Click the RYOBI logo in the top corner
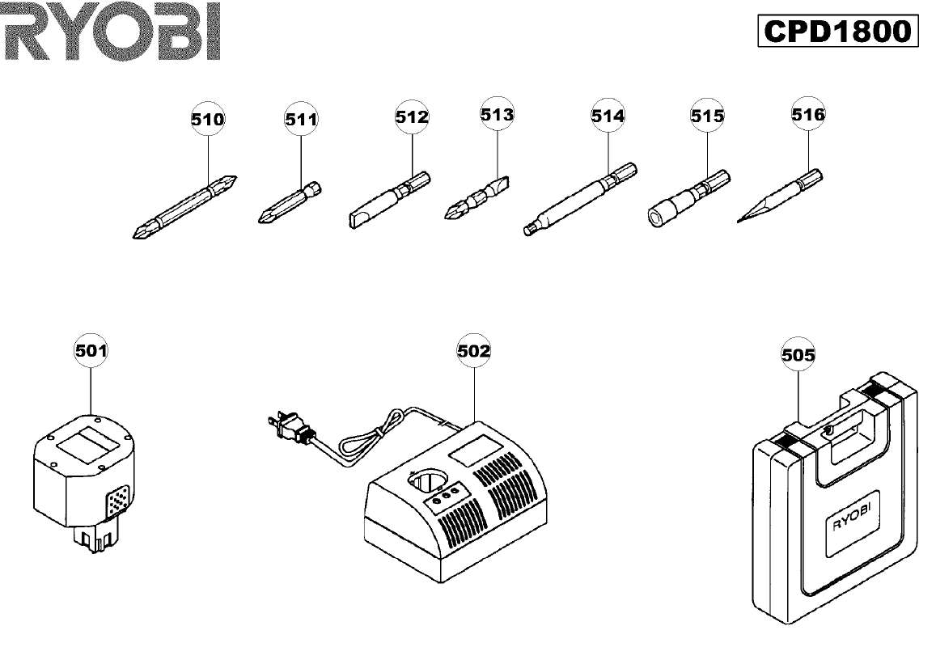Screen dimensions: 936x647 [x=111, y=31]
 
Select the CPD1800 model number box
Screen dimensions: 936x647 [x=838, y=31]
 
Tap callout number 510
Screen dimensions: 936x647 [x=208, y=120]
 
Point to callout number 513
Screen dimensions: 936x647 [x=498, y=114]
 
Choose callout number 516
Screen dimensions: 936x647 [x=808, y=114]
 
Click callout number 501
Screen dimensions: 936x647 [x=91, y=350]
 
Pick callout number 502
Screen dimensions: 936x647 [x=473, y=350]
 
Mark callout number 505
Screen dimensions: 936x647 [x=798, y=355]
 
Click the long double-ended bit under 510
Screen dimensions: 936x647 [x=185, y=206]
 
